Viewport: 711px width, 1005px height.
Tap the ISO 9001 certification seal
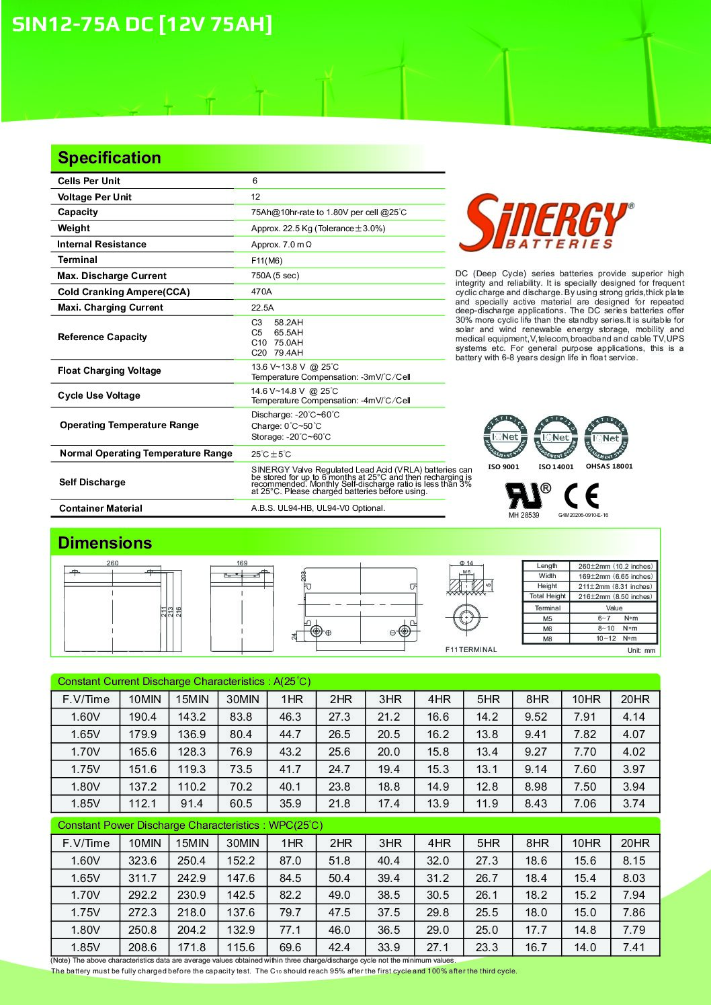505,437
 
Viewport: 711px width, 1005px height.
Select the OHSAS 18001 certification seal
606,437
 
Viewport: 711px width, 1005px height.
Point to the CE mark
581,496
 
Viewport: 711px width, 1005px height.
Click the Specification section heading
110,158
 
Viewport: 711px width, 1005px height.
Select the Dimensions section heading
105,543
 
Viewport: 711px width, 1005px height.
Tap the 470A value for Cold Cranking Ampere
261,292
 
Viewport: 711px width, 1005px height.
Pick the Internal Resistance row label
101,244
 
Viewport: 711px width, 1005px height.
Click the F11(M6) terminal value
267,260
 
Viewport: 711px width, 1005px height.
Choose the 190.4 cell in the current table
142,717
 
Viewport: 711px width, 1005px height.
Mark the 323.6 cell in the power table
142,860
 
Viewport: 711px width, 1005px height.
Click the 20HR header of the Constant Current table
634,699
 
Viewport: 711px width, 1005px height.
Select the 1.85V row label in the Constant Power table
85,947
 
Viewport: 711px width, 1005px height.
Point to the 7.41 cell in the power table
634,947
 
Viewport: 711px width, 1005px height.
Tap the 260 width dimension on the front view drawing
112,563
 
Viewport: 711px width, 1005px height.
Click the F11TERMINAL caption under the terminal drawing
471,649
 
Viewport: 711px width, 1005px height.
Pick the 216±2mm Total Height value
614,596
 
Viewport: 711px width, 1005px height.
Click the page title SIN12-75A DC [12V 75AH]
142,24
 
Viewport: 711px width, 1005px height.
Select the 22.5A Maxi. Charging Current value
262,307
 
